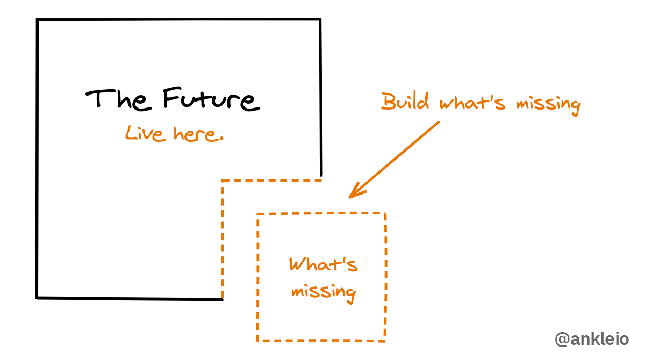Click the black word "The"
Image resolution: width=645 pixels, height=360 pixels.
click(x=119, y=100)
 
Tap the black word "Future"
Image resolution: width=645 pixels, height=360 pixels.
click(x=211, y=99)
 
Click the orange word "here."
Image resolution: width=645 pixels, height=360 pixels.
click(x=198, y=134)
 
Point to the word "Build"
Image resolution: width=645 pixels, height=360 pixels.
click(x=405, y=102)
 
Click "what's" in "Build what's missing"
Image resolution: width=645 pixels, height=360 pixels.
click(x=472, y=103)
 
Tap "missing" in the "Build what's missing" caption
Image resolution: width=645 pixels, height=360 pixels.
click(x=548, y=105)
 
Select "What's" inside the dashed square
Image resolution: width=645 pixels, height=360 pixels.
click(x=324, y=264)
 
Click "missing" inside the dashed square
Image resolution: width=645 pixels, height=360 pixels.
click(x=324, y=293)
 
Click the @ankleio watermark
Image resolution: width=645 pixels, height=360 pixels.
click(x=592, y=339)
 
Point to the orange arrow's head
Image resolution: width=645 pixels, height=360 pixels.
click(x=349, y=197)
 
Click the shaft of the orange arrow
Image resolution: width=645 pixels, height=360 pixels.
click(x=395, y=160)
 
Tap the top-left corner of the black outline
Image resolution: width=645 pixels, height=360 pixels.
click(x=38, y=20)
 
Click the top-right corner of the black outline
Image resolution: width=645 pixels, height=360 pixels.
click(x=320, y=19)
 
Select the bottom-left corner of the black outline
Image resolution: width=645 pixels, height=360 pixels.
click(x=37, y=298)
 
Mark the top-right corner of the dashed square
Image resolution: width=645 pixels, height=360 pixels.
click(x=385, y=213)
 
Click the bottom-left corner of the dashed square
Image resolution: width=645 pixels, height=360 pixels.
click(x=257, y=341)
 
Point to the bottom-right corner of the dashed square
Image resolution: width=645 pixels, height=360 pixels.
click(x=385, y=341)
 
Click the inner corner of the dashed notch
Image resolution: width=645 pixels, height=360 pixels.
click(x=223, y=181)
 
